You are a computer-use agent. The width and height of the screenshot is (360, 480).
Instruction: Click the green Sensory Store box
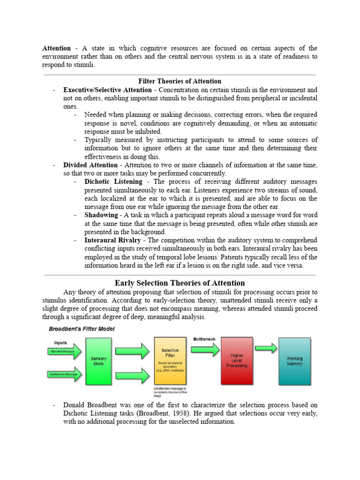pyautogui.click(x=98, y=361)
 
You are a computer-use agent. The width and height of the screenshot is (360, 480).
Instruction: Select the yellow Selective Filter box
pyautogui.click(x=170, y=361)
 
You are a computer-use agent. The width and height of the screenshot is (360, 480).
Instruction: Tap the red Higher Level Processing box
pyautogui.click(x=237, y=360)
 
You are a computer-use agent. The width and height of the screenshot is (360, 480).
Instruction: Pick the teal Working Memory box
pyautogui.click(x=294, y=361)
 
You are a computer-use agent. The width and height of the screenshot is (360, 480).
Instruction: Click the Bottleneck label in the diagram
pyautogui.click(x=205, y=338)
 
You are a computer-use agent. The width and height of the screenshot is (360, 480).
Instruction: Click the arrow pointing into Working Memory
pyautogui.click(x=266, y=348)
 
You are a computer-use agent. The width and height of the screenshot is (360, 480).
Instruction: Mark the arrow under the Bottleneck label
pyautogui.click(x=205, y=349)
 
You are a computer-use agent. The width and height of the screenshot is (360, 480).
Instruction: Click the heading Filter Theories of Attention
pyautogui.click(x=180, y=81)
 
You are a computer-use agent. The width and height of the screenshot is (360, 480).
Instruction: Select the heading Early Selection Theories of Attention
pyautogui.click(x=180, y=283)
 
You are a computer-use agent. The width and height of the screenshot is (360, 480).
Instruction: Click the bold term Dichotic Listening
pyautogui.click(x=113, y=181)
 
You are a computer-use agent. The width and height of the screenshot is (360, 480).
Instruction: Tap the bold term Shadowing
pyautogui.click(x=101, y=215)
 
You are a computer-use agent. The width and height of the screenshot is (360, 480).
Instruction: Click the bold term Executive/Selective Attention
pyautogui.click(x=107, y=90)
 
